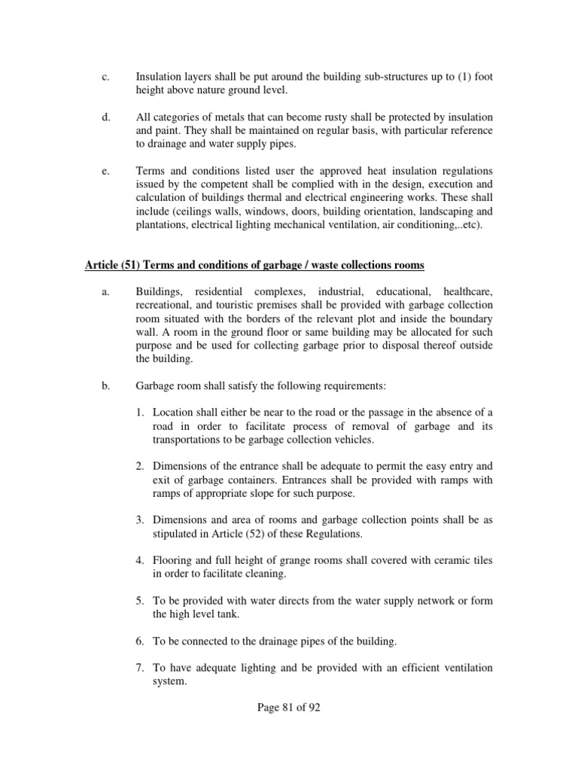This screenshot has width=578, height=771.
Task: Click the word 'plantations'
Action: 161,225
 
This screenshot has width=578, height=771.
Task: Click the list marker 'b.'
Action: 106,385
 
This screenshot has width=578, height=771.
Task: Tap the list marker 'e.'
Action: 105,172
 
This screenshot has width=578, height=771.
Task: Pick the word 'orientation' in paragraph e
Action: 373,212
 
